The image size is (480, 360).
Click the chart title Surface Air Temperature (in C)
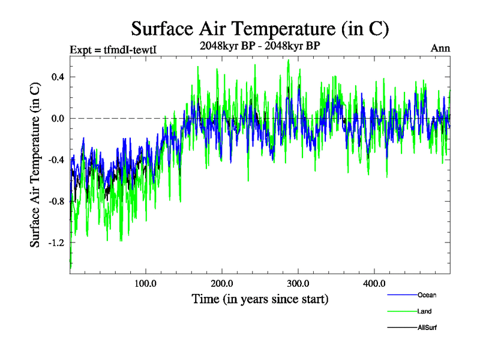pyautogui.click(x=260, y=28)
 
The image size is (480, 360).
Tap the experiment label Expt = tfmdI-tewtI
pyautogui.click(x=113, y=50)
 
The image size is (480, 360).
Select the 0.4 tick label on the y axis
pyautogui.click(x=58, y=77)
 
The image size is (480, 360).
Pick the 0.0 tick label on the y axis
pyautogui.click(x=58, y=118)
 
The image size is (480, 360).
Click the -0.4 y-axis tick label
pyautogui.click(x=56, y=160)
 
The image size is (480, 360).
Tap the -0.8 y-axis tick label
pyautogui.click(x=56, y=201)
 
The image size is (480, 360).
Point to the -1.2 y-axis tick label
pyautogui.click(x=56, y=242)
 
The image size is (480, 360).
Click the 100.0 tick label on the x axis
pyautogui.click(x=146, y=283)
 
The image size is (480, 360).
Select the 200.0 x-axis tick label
pyautogui.click(x=222, y=283)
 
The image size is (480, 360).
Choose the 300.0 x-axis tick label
pyautogui.click(x=298, y=283)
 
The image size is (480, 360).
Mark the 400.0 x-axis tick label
pyautogui.click(x=374, y=283)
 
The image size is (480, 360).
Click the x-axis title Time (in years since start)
pyautogui.click(x=260, y=299)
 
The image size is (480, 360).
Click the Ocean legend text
pyautogui.click(x=427, y=295)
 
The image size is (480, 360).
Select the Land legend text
pyautogui.click(x=424, y=311)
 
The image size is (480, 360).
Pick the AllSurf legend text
pyautogui.click(x=427, y=328)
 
